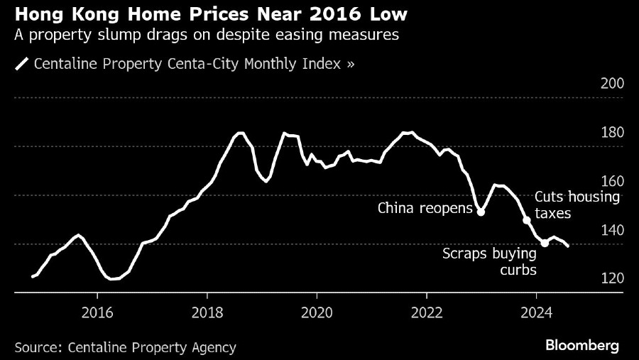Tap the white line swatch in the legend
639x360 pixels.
pyautogui.click(x=21, y=64)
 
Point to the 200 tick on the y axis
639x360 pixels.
pyautogui.click(x=612, y=84)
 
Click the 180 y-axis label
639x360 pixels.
pyautogui.click(x=612, y=133)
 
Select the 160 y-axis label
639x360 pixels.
pyautogui.click(x=612, y=181)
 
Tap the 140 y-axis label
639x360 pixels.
pyautogui.click(x=612, y=230)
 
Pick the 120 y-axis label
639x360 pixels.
pyautogui.click(x=612, y=278)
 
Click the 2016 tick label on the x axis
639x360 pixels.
pyautogui.click(x=98, y=312)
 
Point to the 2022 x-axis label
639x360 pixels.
pyautogui.click(x=426, y=312)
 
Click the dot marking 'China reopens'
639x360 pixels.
pyautogui.click(x=481, y=212)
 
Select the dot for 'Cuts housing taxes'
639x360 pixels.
pyautogui.click(x=527, y=220)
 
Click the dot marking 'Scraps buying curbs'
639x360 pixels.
pyautogui.click(x=545, y=243)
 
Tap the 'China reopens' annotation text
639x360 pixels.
pyautogui.click(x=425, y=208)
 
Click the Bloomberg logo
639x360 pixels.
pyautogui.click(x=582, y=346)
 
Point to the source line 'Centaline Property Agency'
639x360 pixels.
pyautogui.click(x=125, y=347)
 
